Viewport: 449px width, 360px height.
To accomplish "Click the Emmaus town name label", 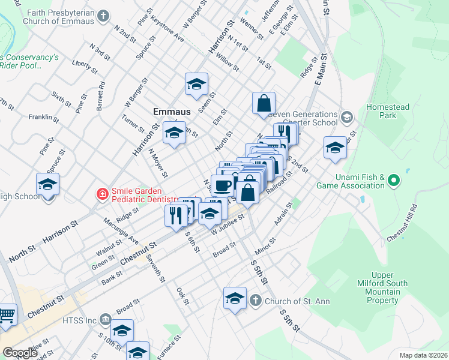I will (x=172, y=112).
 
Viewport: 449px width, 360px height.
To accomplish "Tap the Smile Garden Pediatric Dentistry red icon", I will (x=103, y=194).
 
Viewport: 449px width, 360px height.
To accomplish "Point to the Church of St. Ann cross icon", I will (x=255, y=300).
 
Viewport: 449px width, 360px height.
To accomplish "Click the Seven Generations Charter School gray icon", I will (x=346, y=116).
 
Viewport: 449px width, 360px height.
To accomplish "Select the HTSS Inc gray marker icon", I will (x=106, y=318).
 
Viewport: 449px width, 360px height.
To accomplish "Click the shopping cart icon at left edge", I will (x=6, y=314).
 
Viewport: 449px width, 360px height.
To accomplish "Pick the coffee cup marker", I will (x=223, y=185).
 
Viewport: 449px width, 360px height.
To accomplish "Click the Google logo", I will (x=19, y=353).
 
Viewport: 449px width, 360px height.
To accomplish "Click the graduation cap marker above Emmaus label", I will (x=196, y=86).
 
